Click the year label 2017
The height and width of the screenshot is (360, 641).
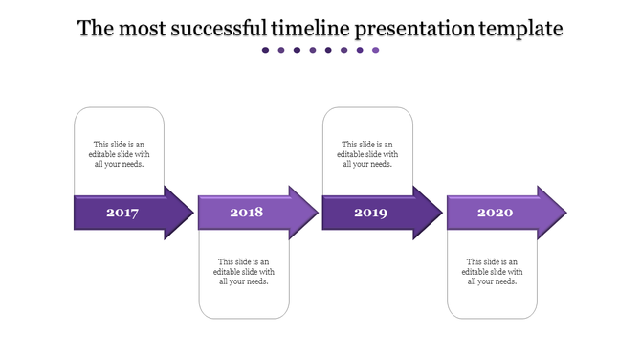point(122,213)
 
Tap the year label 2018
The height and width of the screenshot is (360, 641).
point(246,212)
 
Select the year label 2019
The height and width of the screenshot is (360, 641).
point(370,213)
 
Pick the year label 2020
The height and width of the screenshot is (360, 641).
point(495,213)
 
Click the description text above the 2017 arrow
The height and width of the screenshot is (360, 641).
point(120,154)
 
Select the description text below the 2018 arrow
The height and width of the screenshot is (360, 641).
point(244,271)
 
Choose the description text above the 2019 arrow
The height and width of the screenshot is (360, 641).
point(367,154)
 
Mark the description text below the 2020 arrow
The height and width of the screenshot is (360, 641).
point(492,271)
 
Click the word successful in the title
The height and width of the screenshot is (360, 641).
point(219,29)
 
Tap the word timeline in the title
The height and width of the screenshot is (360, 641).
point(311,29)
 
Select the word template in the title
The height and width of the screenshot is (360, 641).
point(520,29)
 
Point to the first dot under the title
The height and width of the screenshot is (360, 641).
point(266,50)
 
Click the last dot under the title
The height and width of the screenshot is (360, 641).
point(376,50)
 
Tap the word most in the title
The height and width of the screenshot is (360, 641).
point(142,29)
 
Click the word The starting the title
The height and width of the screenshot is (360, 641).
point(96,29)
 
